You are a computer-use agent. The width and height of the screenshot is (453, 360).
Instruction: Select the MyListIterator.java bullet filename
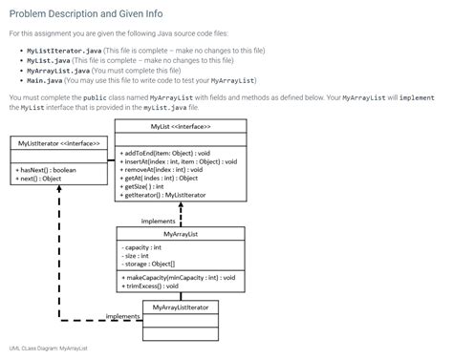tap(65, 49)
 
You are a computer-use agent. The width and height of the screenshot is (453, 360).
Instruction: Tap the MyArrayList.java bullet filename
tap(59, 70)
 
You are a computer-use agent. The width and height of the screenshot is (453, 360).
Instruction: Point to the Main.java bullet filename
tap(45, 80)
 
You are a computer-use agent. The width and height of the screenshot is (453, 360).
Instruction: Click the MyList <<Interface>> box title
tap(181, 126)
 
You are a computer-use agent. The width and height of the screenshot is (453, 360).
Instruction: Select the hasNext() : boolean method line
tap(46, 169)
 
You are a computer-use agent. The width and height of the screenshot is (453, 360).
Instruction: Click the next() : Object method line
tap(39, 178)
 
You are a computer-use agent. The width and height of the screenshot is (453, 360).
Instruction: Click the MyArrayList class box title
tap(181, 233)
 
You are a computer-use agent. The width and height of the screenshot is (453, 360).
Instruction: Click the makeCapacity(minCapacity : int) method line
tap(179, 277)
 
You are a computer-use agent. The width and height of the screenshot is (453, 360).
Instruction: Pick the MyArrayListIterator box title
tap(181, 307)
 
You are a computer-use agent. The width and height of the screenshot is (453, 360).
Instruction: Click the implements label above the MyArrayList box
tap(158, 221)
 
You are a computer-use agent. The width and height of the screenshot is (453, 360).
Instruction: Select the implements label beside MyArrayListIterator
tap(122, 316)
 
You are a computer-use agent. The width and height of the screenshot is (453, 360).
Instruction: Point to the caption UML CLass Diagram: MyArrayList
tap(48, 349)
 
